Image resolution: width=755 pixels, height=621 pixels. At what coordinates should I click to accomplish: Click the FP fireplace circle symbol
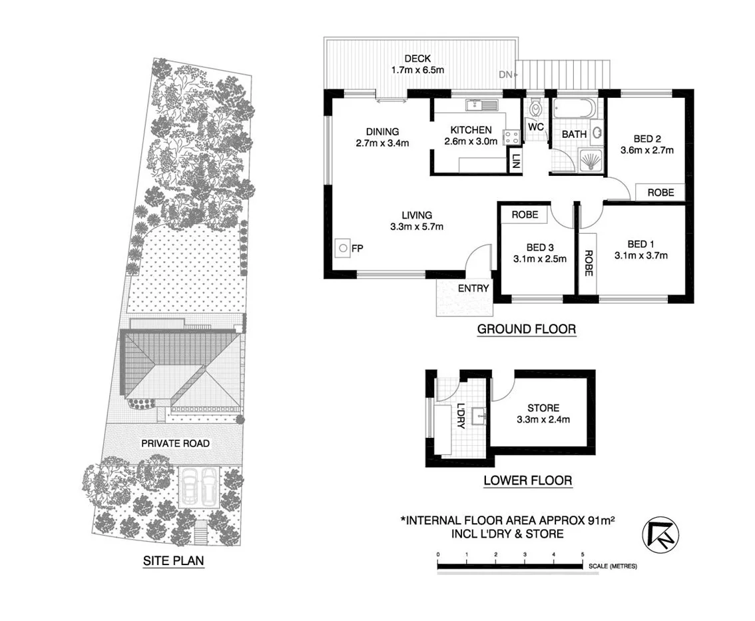(x=342, y=249)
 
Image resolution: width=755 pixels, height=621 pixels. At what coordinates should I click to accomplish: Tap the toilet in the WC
(x=535, y=109)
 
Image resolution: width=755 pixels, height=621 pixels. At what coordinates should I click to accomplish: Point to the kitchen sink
(x=489, y=104)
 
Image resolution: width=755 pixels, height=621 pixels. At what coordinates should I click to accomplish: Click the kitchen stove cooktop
(x=511, y=137)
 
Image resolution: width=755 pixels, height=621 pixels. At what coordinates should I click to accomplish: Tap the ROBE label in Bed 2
(x=660, y=192)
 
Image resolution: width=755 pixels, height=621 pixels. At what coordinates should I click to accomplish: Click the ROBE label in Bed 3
(x=525, y=215)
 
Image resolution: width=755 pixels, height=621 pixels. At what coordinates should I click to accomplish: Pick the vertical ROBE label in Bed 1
(x=589, y=263)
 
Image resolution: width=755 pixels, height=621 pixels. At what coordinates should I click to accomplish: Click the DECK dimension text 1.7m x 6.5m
(x=417, y=69)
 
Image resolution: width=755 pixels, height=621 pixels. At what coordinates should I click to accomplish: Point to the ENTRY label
(x=473, y=289)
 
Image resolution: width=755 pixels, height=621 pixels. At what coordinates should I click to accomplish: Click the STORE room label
(x=543, y=408)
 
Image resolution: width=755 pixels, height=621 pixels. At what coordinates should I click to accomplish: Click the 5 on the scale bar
(x=583, y=554)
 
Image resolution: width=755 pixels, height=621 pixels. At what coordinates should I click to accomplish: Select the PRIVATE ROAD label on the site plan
(x=175, y=443)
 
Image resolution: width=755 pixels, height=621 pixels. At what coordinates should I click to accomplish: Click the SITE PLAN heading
(x=173, y=561)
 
